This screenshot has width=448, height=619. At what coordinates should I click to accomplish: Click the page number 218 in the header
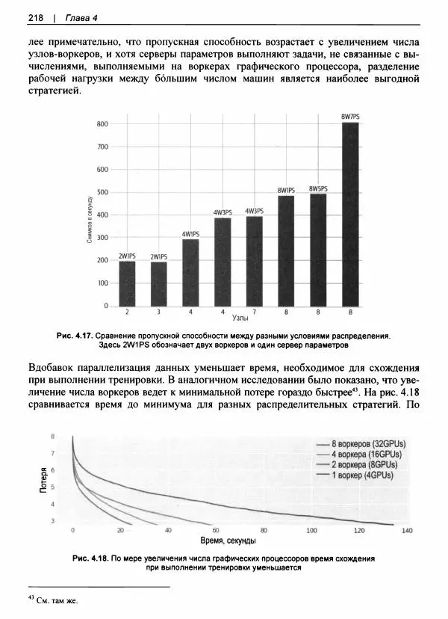point(35,17)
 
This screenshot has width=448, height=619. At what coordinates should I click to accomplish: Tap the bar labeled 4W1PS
point(190,272)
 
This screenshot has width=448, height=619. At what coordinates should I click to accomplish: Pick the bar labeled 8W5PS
point(318,250)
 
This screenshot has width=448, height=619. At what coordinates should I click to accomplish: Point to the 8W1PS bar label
point(286,191)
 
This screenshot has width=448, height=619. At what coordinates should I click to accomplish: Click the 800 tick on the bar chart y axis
point(102,124)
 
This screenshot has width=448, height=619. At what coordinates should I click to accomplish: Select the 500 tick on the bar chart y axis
point(102,193)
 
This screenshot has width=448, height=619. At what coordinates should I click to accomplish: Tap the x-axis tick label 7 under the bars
point(255,311)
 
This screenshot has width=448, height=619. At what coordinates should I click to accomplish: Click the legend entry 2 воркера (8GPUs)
point(364,464)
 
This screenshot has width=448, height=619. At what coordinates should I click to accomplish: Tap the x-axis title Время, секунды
point(230,541)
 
